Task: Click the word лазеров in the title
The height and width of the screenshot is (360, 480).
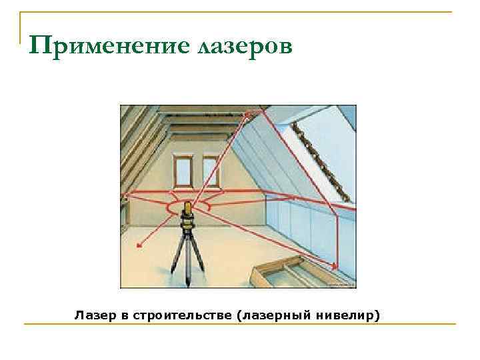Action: [245, 46]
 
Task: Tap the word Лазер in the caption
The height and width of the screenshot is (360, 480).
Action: [91, 313]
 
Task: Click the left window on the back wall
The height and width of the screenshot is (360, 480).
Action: [181, 171]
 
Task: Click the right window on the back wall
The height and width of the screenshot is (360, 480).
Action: [211, 171]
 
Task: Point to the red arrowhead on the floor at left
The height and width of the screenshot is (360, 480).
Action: [140, 246]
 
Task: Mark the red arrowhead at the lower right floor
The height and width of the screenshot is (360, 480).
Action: [335, 267]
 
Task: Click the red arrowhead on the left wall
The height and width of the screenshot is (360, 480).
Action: [124, 195]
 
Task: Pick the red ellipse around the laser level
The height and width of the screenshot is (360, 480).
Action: [190, 208]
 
